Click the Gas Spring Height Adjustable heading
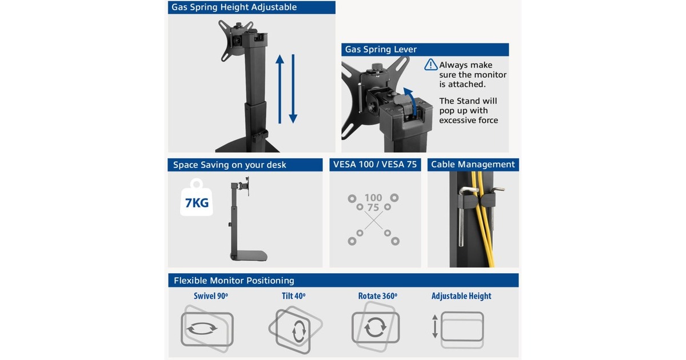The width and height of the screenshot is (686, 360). [x=234, y=7]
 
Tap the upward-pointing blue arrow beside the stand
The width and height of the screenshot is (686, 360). [x=280, y=89]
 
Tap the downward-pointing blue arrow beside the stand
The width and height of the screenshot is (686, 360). [x=293, y=89]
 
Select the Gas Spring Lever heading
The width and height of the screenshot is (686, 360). [x=381, y=49]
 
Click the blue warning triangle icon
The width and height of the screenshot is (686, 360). [x=431, y=65]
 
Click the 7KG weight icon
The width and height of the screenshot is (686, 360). [x=197, y=198]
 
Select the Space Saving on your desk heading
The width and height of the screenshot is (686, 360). [x=229, y=165]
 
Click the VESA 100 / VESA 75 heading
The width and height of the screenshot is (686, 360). [x=375, y=165]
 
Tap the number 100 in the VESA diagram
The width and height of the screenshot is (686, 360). [x=373, y=198]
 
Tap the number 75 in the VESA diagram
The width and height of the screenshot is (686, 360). [x=373, y=207]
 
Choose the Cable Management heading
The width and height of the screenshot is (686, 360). [x=473, y=165]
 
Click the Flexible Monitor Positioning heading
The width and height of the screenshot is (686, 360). [x=234, y=281]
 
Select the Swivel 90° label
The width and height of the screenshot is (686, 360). [x=211, y=296]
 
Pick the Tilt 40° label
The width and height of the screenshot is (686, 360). [x=293, y=296]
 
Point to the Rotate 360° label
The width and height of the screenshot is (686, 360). [x=378, y=296]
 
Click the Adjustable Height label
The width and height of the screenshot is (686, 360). [x=461, y=296]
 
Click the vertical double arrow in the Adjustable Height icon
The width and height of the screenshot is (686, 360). [x=435, y=326]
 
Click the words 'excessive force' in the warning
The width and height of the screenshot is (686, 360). [x=469, y=121]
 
